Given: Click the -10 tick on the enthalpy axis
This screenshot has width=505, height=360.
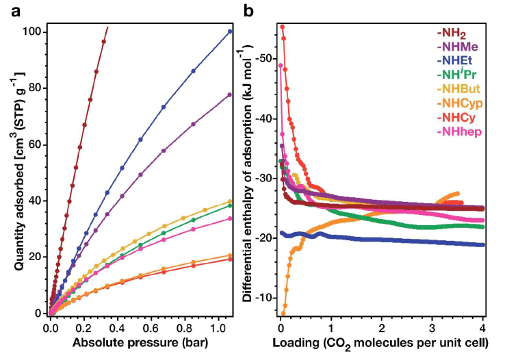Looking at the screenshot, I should [263, 297].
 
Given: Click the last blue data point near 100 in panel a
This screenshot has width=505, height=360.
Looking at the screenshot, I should [230, 31].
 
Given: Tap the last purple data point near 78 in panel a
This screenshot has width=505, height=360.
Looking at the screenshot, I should [230, 94].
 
